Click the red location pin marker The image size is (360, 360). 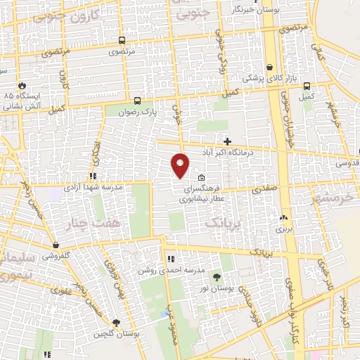click(x=181, y=165)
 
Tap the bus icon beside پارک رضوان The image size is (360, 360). click(x=136, y=101)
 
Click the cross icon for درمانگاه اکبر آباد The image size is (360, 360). click(x=227, y=141)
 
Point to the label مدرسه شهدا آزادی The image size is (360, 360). click(x=94, y=188)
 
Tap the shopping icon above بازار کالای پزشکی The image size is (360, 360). click(x=270, y=67)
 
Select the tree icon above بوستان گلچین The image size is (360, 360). click(x=115, y=323)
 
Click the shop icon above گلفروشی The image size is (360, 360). click(x=55, y=245)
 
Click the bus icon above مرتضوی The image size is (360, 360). click(x=122, y=41)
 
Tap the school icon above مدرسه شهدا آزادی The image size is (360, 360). click(x=92, y=176)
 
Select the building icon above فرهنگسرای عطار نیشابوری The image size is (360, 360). click(x=202, y=177)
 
